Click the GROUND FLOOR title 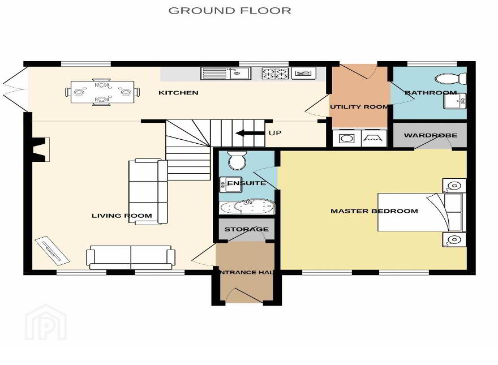click(230, 11)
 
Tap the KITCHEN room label click(178, 93)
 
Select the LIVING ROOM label click(122, 216)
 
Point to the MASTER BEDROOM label click(374, 211)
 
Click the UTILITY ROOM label click(359, 107)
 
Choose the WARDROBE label click(431, 135)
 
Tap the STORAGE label click(247, 229)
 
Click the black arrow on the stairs click(250, 133)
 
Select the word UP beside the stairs click(274, 133)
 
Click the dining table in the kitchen click(102, 92)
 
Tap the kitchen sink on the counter click(226, 74)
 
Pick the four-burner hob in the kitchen click(275, 74)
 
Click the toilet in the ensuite click(237, 160)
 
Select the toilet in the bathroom click(450, 79)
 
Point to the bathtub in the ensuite click(247, 207)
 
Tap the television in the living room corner click(51, 250)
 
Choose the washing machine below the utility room click(347, 139)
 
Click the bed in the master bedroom click(420, 212)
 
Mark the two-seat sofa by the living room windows click(131, 257)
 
